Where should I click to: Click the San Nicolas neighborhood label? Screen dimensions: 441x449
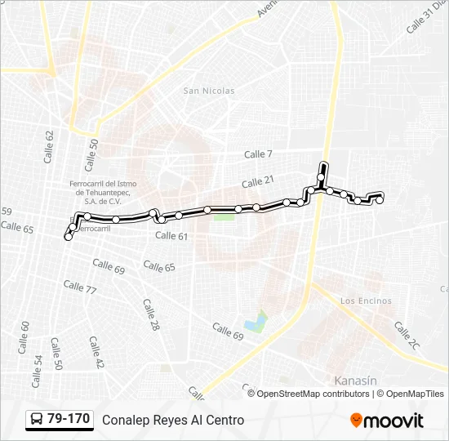208,91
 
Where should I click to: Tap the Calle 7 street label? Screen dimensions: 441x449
258,154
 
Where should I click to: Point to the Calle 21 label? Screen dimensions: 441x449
257,181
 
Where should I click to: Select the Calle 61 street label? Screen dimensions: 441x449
171,236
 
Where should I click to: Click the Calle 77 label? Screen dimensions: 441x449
80,287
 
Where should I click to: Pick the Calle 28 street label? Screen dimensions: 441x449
151,314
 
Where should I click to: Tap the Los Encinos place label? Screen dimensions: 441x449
366,301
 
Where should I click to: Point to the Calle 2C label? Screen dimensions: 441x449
407,336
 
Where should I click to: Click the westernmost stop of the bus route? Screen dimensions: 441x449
68,237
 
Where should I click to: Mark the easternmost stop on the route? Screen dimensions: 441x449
380,199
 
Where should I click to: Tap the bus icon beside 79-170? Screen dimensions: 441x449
36,420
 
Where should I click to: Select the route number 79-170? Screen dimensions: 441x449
69,420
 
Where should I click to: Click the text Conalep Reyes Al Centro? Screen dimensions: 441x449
173,420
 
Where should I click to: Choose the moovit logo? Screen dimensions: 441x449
387,421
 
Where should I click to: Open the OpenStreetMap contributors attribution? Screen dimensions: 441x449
313,394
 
